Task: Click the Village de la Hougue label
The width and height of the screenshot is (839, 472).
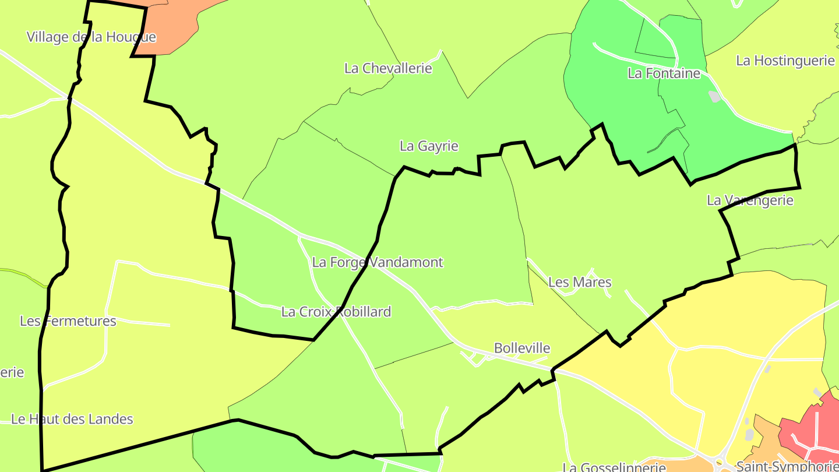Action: [x=91, y=37]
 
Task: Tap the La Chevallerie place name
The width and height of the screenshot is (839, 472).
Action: [x=388, y=68]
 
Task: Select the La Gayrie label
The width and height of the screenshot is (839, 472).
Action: [x=429, y=146]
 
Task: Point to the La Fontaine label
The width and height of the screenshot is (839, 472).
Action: [x=664, y=73]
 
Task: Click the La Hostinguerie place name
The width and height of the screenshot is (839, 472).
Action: [x=785, y=61]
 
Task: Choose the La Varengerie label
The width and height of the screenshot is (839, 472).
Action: [x=750, y=200]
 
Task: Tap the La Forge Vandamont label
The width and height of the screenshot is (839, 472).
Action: [x=378, y=262]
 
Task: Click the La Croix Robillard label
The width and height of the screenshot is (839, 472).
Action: [x=336, y=312]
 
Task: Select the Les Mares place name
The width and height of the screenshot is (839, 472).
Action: [x=580, y=283]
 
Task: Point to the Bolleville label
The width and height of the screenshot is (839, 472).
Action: [x=522, y=348]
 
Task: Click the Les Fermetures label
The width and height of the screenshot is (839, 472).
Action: [x=68, y=321]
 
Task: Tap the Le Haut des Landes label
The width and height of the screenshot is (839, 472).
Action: [x=72, y=419]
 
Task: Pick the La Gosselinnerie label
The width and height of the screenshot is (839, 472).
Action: [x=614, y=467]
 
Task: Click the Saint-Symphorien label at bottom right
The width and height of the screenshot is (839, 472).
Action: [x=787, y=466]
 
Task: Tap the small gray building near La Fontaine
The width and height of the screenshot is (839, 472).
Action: [x=714, y=96]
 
